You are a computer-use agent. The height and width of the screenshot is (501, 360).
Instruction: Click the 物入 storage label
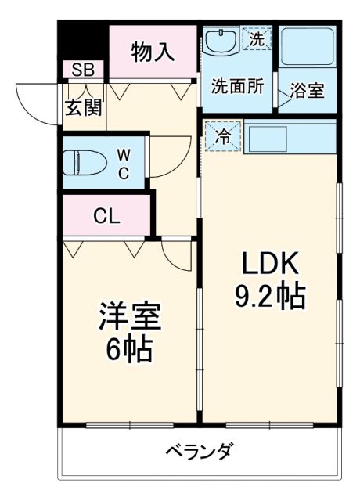coord(152,52)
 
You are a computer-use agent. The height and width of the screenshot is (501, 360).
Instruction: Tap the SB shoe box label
coord(82,70)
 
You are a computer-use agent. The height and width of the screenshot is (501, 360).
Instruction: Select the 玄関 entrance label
coord(83,106)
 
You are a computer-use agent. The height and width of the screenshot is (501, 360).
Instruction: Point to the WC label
coord(124,163)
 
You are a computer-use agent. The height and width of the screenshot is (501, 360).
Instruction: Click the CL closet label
coord(106,216)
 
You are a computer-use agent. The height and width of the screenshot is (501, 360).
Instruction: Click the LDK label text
coord(269,264)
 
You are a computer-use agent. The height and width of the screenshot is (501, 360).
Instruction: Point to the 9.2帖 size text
coord(269,296)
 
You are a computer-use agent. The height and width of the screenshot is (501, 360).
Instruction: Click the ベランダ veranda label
coord(199,452)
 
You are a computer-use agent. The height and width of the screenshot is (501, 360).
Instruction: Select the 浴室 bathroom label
coord(307,90)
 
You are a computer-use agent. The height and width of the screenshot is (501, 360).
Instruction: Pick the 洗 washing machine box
coord(256,38)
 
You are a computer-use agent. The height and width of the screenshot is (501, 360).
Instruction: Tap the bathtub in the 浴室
coord(308,49)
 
